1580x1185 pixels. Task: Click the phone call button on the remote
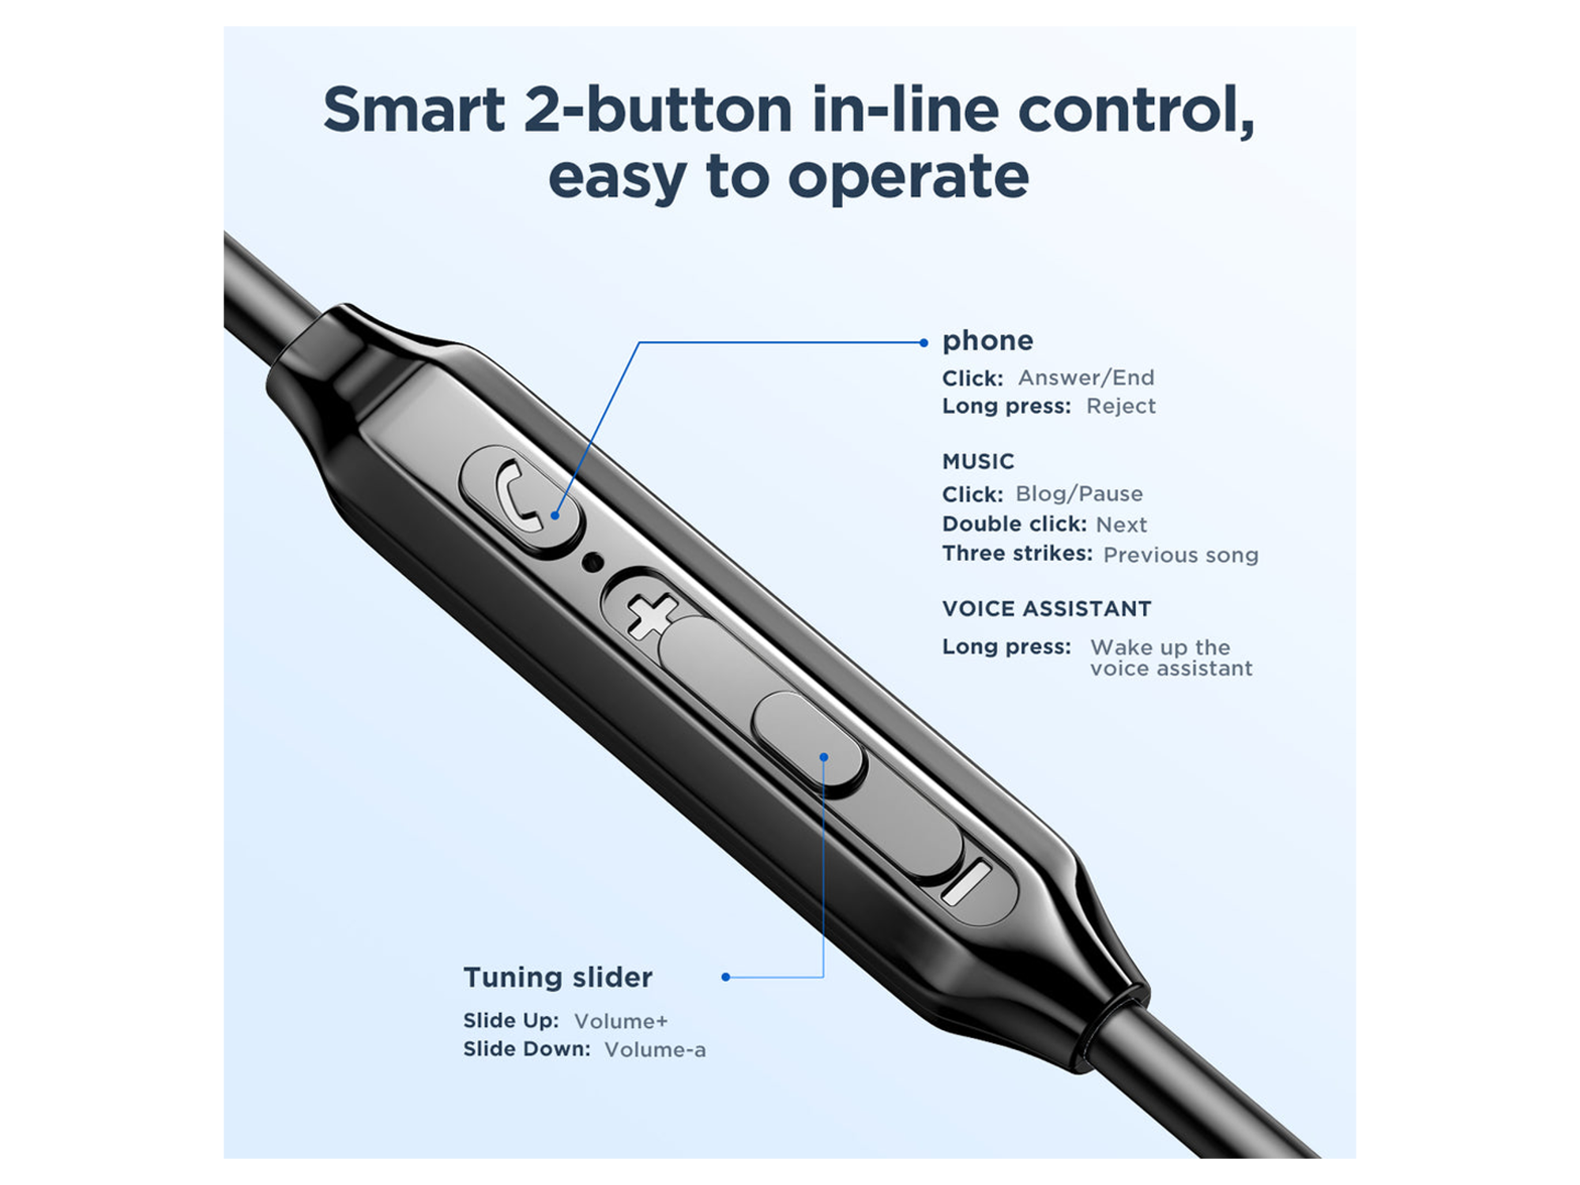tap(520, 499)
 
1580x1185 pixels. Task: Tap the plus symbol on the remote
tap(652, 615)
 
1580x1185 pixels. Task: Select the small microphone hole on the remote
tap(592, 562)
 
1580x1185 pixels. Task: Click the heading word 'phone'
tap(987, 340)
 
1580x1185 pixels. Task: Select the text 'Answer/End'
tap(1085, 378)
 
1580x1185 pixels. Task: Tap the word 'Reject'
tap(1120, 406)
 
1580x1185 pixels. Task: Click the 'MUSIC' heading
tap(978, 461)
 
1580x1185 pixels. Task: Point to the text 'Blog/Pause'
tap(1079, 494)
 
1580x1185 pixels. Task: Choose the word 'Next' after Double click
tap(1121, 525)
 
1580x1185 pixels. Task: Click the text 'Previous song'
tap(1180, 555)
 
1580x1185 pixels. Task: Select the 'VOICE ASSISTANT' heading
tap(1047, 608)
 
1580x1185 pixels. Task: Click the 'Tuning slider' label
tap(558, 977)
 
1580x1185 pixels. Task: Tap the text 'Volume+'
tap(621, 1021)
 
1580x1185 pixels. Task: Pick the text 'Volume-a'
tap(655, 1050)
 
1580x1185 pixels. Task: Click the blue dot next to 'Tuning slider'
tap(725, 977)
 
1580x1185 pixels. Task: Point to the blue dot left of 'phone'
tap(924, 343)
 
